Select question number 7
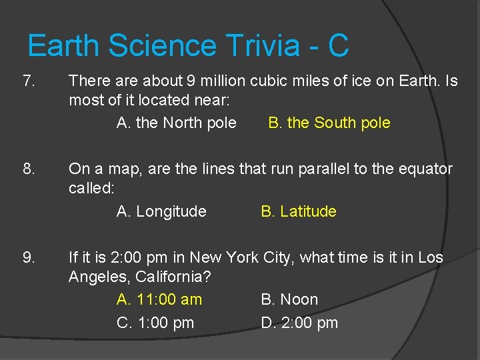(29, 81)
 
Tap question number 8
(29, 169)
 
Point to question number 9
(29, 257)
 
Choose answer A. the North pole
(176, 123)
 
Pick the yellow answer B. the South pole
(329, 123)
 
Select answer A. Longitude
(161, 211)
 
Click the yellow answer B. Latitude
(299, 211)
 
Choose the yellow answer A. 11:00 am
(159, 299)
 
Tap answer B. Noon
(289, 299)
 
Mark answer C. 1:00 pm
(155, 323)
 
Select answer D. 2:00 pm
(299, 323)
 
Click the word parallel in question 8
(322, 169)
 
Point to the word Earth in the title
(64, 46)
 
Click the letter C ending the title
(338, 46)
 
